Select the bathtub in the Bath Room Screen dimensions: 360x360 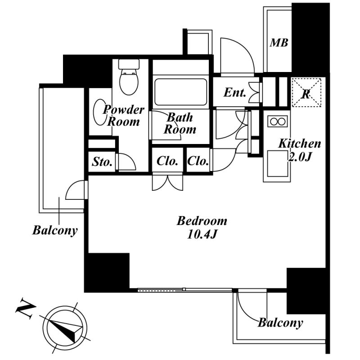pos(180,92)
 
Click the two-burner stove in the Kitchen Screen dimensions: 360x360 pos(277,121)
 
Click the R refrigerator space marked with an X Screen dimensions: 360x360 pos(306,93)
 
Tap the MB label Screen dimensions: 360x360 pos(279,43)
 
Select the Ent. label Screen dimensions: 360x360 pos(235,93)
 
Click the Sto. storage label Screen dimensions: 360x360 pos(102,162)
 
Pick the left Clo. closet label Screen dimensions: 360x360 pos(167,161)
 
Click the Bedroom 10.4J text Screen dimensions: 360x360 pos(202,227)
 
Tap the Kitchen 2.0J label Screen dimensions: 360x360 pos(299,150)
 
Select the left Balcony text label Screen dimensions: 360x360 pos(55,231)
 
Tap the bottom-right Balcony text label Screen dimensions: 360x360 pos(280,323)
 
